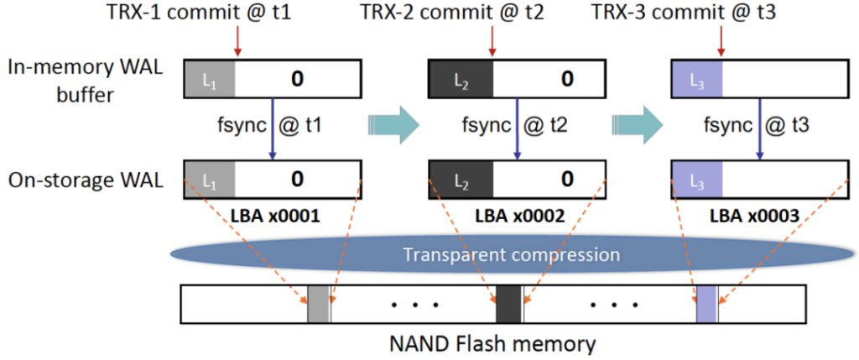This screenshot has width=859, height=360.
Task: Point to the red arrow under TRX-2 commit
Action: pos(492,39)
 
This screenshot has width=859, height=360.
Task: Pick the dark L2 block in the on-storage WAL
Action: pos(461,179)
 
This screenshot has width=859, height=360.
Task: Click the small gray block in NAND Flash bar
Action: pos(318,303)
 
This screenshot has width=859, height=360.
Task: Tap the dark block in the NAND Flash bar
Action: pos(508,303)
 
